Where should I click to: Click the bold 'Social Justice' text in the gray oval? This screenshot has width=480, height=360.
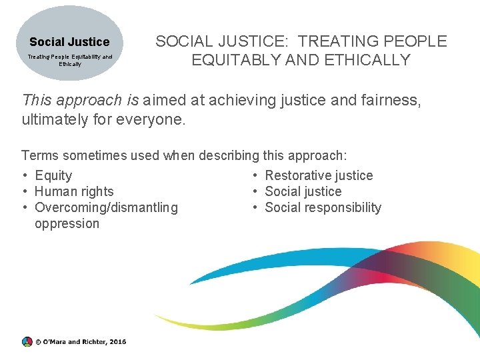[69, 42]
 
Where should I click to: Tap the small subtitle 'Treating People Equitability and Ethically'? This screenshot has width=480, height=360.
[69, 61]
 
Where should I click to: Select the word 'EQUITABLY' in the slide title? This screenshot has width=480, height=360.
[233, 60]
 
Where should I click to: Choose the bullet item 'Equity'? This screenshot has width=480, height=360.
[53, 175]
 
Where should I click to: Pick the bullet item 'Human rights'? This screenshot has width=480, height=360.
[74, 191]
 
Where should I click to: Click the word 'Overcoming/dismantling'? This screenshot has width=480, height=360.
[106, 207]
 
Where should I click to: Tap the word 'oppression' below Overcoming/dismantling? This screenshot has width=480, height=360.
[67, 223]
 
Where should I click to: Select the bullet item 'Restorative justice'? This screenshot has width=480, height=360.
[319, 175]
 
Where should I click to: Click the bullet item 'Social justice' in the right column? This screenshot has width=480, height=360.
[303, 191]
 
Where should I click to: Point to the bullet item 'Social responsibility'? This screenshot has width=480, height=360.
[323, 207]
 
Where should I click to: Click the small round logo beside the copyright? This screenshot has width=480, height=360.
[27, 341]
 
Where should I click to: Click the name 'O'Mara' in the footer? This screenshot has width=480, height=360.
[55, 341]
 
